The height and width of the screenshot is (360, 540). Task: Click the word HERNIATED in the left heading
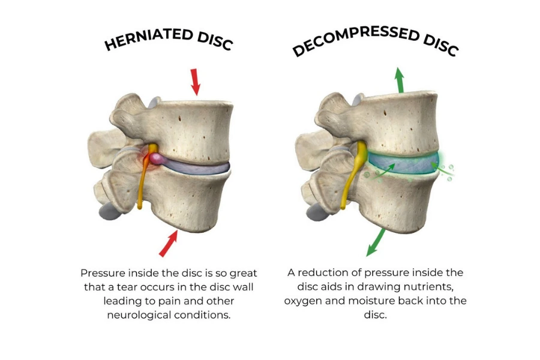point(142,40)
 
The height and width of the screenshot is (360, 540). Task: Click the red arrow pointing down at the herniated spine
point(194,82)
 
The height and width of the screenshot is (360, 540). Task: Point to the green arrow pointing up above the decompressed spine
point(399,79)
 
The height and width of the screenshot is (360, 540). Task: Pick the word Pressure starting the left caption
point(102,272)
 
